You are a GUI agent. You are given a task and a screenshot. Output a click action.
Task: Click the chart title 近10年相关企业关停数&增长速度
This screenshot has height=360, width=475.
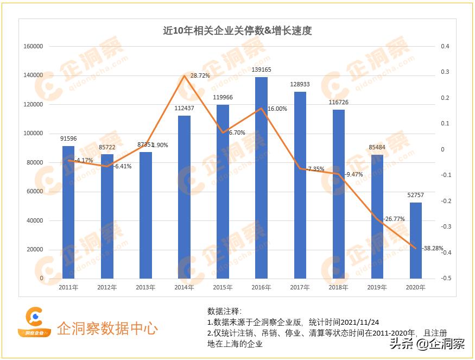click(237, 31)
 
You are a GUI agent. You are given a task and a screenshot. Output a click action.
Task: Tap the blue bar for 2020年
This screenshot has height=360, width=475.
click(415, 240)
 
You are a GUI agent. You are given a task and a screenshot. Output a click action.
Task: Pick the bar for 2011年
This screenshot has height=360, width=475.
click(68, 212)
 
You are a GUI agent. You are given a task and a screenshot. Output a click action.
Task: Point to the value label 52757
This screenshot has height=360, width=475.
click(415, 195)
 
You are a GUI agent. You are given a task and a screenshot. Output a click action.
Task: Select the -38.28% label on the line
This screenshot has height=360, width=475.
click(432, 248)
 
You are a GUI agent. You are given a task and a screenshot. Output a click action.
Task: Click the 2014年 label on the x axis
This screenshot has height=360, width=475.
click(184, 287)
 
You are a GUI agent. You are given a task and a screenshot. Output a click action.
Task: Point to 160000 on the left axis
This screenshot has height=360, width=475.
click(33, 47)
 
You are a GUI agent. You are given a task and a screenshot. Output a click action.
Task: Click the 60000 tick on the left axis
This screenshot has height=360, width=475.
click(35, 192)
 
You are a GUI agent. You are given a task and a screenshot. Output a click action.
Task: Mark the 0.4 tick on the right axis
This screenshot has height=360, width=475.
click(445, 47)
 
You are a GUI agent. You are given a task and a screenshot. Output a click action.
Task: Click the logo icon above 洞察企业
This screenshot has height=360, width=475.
click(34, 317)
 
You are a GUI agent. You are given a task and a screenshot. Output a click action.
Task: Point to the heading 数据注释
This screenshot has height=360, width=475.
click(224, 311)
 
